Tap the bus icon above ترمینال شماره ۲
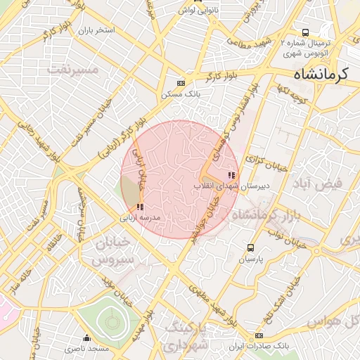pyautogui.click(x=305, y=32)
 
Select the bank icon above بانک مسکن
pyautogui.click(x=181, y=82)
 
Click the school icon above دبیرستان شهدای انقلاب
pyautogui.click(x=231, y=174)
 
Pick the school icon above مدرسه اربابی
pyautogui.click(x=141, y=207)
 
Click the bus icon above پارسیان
pyautogui.click(x=251, y=247)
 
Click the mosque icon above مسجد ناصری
pyautogui.click(x=86, y=337)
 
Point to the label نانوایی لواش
pyautogui.click(x=195, y=11)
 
